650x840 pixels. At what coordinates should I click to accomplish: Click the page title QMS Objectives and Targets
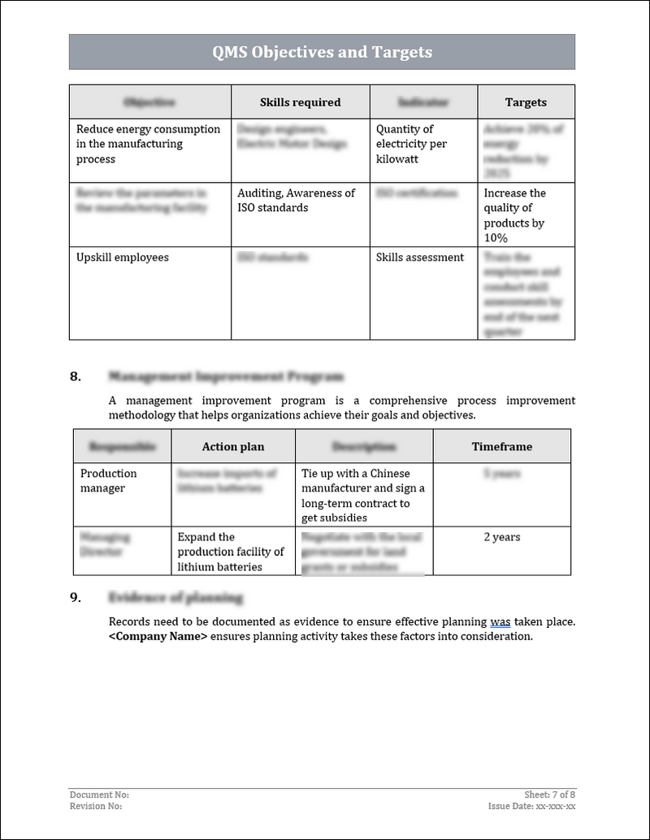(322, 53)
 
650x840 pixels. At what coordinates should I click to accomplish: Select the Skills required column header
(300, 102)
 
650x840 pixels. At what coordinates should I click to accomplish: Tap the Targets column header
(526, 102)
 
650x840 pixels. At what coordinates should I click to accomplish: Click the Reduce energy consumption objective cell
(148, 144)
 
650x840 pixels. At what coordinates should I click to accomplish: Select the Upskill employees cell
(122, 258)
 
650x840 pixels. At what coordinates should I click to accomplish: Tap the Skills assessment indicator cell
(419, 258)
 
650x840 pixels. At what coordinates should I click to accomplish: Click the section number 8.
(76, 376)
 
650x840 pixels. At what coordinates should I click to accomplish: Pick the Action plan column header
(232, 447)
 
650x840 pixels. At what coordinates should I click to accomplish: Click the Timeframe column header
(501, 447)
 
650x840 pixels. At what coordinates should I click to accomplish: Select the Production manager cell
(108, 481)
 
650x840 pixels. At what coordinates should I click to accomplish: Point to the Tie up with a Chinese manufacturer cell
(362, 496)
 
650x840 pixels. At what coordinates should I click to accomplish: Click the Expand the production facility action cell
(231, 552)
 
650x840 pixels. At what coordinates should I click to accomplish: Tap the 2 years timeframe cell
(501, 537)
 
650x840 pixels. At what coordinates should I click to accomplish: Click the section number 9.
(76, 598)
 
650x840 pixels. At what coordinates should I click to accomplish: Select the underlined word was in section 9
(500, 622)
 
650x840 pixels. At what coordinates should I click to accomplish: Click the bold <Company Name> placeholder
(158, 637)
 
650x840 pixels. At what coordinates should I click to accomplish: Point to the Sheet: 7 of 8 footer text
(550, 795)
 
